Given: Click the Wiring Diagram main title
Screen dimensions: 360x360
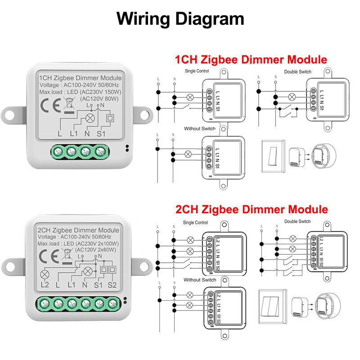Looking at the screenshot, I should click(x=180, y=19).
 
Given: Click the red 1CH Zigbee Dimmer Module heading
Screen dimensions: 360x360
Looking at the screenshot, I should click(x=251, y=59).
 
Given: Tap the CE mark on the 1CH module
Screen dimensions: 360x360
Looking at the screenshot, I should click(x=48, y=107).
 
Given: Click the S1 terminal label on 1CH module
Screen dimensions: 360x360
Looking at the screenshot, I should click(x=100, y=133).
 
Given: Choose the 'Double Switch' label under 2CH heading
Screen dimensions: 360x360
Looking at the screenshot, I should click(x=297, y=221).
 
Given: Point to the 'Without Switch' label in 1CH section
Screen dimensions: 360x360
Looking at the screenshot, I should click(x=199, y=129).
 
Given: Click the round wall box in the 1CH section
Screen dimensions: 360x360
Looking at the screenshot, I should click(x=323, y=156).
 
